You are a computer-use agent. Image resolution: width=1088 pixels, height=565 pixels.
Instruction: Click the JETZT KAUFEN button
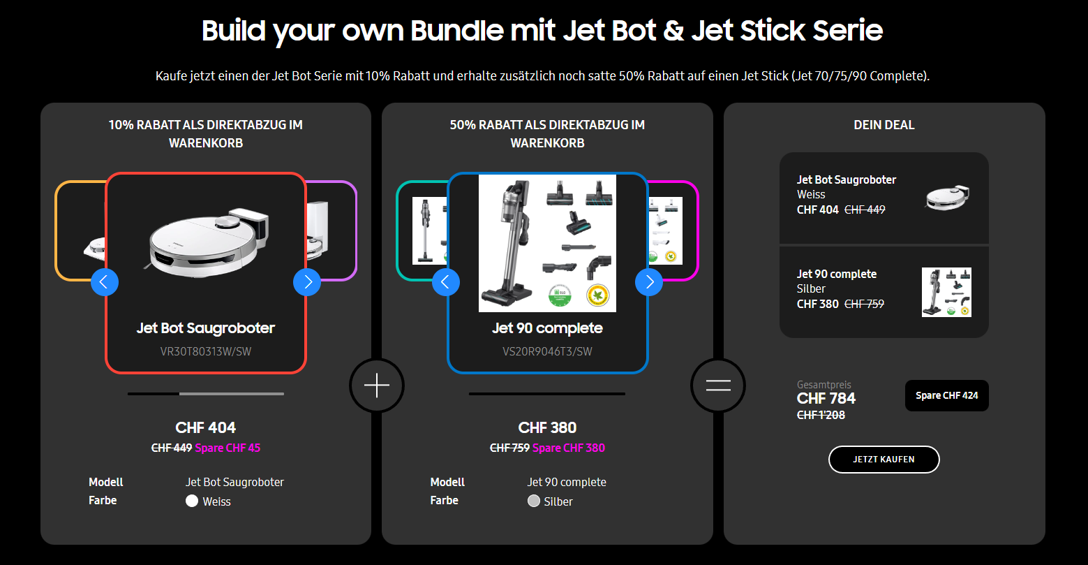click(884, 460)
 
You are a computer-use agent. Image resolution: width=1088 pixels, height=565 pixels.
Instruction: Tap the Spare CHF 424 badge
click(946, 395)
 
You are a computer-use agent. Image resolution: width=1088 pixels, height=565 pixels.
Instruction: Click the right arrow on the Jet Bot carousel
click(307, 282)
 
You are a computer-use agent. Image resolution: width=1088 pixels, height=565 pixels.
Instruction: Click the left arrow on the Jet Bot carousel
click(105, 282)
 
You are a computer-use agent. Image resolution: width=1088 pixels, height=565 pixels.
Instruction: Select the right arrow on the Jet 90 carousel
click(649, 282)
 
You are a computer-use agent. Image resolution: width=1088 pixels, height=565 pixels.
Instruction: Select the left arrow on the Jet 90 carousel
click(446, 282)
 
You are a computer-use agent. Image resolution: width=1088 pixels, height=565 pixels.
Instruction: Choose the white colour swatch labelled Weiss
click(192, 501)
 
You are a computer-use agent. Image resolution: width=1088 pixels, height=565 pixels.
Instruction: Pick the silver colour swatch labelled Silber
click(534, 501)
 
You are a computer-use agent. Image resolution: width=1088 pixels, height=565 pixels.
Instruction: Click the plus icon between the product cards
click(377, 385)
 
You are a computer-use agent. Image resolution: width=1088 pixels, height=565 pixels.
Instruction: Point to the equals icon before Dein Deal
click(718, 385)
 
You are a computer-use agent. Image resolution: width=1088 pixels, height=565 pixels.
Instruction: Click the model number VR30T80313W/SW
click(206, 351)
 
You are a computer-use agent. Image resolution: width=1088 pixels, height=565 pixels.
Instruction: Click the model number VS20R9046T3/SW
click(547, 351)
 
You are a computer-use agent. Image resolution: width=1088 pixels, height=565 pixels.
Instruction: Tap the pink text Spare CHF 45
click(228, 448)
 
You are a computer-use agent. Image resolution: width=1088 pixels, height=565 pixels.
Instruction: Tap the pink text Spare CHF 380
click(569, 448)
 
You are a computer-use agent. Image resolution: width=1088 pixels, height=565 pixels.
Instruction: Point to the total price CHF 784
click(826, 399)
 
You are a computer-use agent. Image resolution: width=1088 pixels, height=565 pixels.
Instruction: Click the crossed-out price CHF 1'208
click(821, 415)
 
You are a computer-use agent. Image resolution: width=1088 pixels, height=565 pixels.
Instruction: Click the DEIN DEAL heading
click(884, 125)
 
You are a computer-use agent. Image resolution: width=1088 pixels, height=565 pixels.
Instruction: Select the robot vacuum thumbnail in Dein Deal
click(947, 198)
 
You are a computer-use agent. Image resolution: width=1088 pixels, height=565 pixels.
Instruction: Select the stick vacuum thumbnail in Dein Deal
click(946, 292)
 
